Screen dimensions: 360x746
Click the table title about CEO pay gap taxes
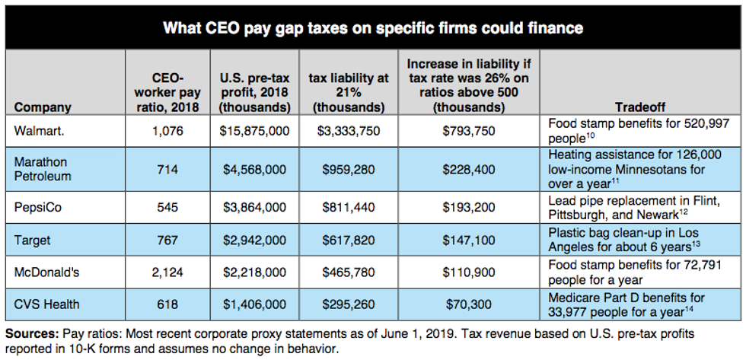(373, 29)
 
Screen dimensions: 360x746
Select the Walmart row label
(39, 131)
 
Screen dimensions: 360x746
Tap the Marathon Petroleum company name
(41, 169)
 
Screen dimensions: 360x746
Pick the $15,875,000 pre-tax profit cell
(253, 131)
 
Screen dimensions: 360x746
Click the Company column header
(43, 107)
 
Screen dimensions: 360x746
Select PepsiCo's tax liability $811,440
(347, 207)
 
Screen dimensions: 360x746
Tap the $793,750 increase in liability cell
(468, 131)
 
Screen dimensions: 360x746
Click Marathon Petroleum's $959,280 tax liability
(347, 169)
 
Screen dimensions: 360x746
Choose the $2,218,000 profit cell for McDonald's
(253, 272)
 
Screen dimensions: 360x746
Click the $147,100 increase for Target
(468, 240)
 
